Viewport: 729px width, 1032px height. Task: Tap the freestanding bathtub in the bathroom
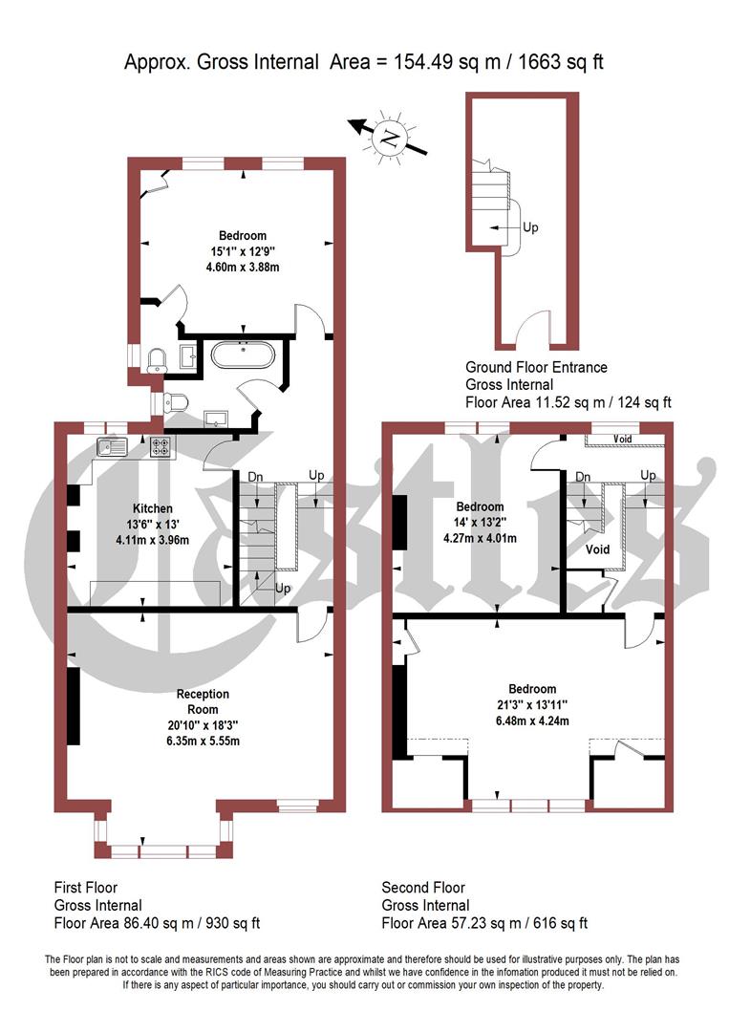(243, 356)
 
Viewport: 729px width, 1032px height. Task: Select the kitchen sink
(113, 446)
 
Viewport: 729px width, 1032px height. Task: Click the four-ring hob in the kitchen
(159, 446)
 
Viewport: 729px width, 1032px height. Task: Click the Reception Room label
(203, 701)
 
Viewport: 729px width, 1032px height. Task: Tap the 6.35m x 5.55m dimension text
(203, 741)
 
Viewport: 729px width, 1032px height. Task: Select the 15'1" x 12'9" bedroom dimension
(243, 251)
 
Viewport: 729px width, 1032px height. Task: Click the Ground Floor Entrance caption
(536, 367)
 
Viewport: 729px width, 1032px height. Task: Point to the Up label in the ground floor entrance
(530, 228)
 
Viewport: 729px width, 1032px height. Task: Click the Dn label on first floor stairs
(255, 476)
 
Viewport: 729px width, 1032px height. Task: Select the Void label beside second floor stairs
(598, 551)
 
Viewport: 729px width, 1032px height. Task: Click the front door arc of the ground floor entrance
(529, 334)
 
